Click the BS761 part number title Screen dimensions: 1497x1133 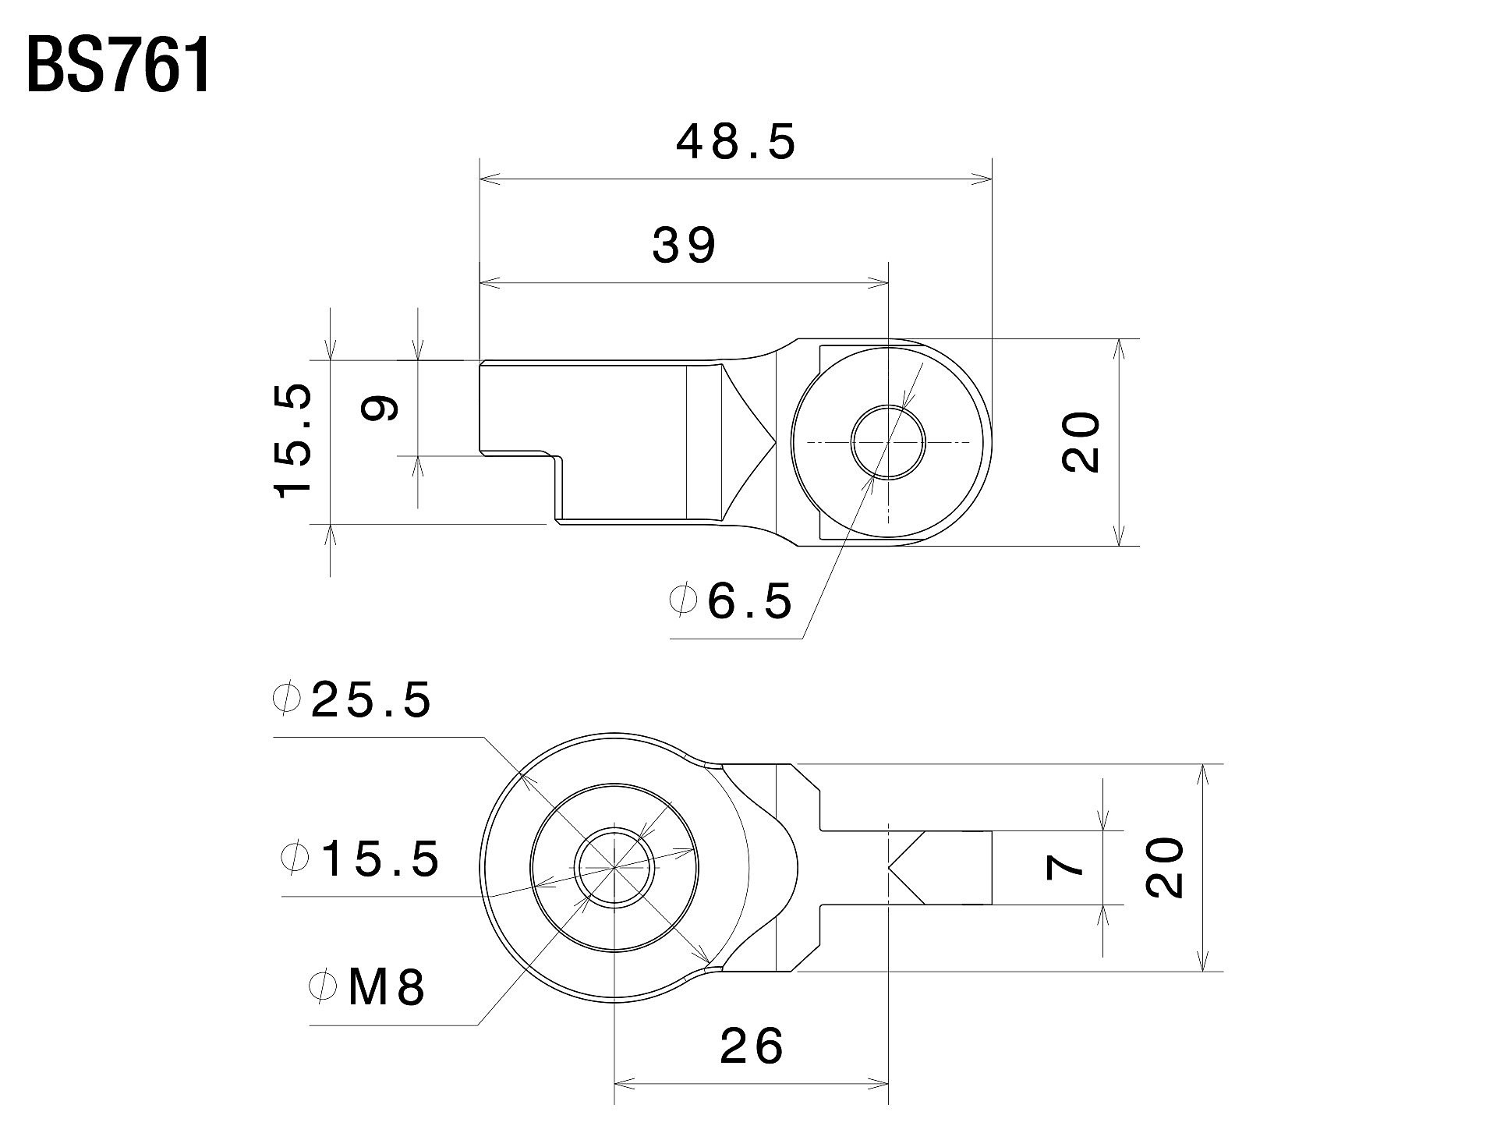tap(119, 67)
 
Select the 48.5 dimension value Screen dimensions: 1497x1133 tap(736, 143)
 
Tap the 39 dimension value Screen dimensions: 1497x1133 tap(684, 245)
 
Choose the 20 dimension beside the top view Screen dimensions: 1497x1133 tap(1081, 442)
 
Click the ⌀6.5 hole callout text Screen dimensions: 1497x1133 tap(731, 601)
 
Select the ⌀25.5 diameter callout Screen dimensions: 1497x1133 tap(352, 699)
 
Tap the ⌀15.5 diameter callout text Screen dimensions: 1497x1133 tap(359, 859)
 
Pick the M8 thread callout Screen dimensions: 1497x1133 tap(367, 987)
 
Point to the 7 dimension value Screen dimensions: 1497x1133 tap(1066, 866)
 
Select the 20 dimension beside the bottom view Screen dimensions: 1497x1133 tap(1165, 867)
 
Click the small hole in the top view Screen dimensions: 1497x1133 tap(887, 442)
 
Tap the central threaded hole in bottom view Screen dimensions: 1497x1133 tap(614, 867)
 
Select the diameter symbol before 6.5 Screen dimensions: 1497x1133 tap(682, 601)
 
